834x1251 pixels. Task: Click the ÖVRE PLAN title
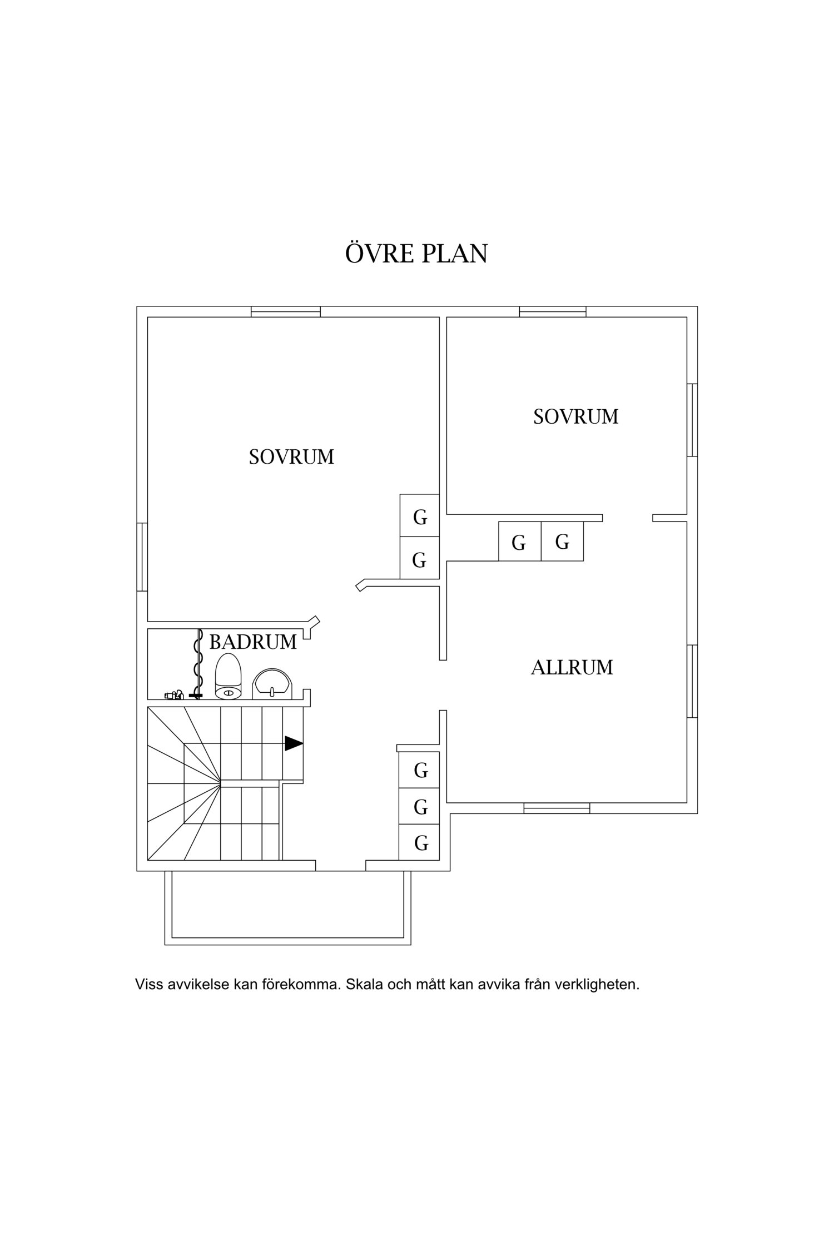(416, 254)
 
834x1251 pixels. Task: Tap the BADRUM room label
(253, 642)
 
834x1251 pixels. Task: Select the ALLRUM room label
(572, 667)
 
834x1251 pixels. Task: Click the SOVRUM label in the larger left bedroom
(291, 457)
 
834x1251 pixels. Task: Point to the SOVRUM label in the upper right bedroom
(575, 416)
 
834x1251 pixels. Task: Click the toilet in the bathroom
(229, 677)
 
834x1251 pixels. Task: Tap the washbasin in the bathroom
(272, 684)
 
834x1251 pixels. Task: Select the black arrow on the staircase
(294, 743)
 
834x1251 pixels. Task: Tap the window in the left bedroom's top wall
(285, 311)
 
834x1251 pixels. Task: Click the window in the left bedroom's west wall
(142, 557)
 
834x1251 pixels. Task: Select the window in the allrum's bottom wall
(557, 808)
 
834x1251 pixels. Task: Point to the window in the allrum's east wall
(692, 681)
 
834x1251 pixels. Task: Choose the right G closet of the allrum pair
(562, 541)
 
